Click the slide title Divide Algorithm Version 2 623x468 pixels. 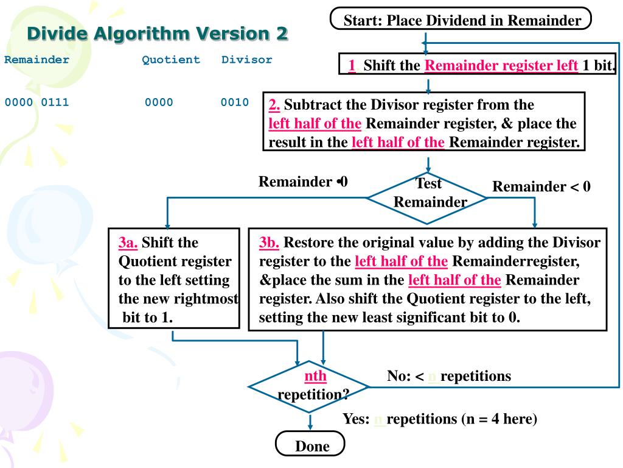tap(157, 33)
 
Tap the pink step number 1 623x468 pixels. tap(352, 65)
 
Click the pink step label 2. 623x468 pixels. tap(274, 104)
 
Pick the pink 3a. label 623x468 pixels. tap(128, 243)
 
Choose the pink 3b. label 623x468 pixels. tap(269, 243)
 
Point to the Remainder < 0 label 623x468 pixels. tap(541, 186)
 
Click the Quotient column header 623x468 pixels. tap(171, 60)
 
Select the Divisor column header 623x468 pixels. tap(246, 60)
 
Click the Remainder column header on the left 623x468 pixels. tap(37, 60)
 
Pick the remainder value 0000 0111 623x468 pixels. tap(37, 102)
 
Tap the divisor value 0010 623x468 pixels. tap(235, 102)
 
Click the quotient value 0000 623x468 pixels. tap(159, 102)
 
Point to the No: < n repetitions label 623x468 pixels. tap(449, 376)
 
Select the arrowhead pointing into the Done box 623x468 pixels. tap(311, 425)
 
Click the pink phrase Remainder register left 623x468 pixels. tap(501, 65)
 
